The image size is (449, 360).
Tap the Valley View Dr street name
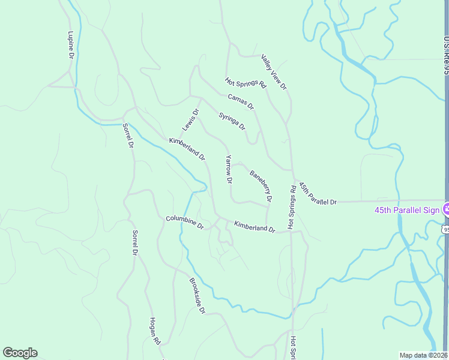click(x=274, y=72)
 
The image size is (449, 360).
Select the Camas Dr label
click(x=241, y=101)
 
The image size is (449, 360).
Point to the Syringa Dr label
click(x=232, y=121)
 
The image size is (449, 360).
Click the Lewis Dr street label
click(x=190, y=120)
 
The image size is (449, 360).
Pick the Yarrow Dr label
click(x=229, y=169)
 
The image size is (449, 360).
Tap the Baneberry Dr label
click(x=261, y=186)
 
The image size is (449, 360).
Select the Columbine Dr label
click(x=185, y=223)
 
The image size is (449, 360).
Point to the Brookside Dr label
click(x=197, y=296)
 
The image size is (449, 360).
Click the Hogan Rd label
click(x=154, y=331)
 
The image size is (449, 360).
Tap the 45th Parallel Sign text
click(x=407, y=210)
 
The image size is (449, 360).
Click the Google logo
click(x=20, y=353)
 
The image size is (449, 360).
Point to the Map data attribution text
click(x=423, y=355)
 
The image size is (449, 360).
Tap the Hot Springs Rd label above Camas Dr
click(x=245, y=83)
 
